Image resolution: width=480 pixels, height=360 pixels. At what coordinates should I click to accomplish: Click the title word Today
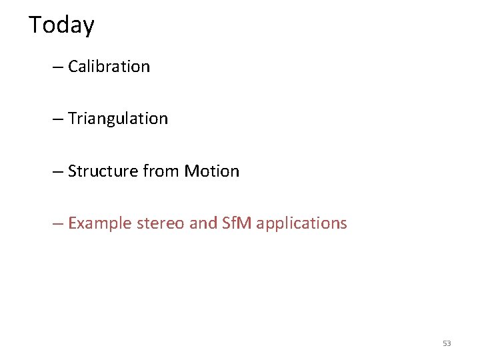(61, 25)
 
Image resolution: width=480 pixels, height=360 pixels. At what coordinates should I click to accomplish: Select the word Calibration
(109, 67)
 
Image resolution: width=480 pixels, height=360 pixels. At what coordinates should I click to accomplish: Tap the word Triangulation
(118, 119)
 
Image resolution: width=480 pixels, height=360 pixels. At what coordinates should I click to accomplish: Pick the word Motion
(211, 171)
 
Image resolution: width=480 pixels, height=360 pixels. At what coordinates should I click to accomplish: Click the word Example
(100, 223)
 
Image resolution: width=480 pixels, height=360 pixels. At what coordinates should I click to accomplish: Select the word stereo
(161, 223)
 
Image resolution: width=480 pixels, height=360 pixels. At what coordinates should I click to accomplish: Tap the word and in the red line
(203, 223)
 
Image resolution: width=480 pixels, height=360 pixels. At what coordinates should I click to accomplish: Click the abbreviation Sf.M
(237, 223)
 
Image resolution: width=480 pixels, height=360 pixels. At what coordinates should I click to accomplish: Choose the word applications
(301, 223)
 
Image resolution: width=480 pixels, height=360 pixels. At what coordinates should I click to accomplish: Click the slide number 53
(447, 343)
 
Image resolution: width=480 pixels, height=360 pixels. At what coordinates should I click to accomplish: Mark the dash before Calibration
(58, 67)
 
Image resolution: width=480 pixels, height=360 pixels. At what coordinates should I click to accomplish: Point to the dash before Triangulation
(58, 119)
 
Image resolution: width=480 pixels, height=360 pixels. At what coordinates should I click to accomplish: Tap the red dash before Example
(58, 224)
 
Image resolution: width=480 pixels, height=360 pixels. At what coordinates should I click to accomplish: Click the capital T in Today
(35, 25)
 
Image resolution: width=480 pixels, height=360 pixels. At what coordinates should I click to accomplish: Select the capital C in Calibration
(73, 67)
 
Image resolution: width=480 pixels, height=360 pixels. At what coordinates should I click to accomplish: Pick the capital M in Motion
(191, 171)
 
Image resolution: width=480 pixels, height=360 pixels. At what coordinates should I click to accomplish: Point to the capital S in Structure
(72, 171)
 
